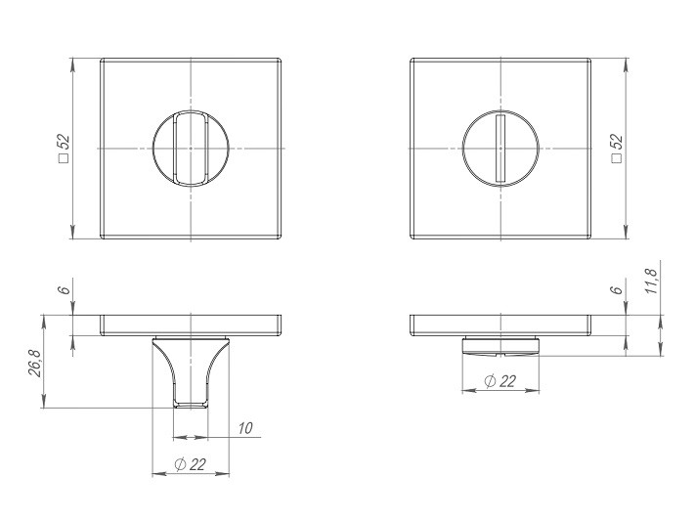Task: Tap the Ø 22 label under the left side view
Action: tap(192, 465)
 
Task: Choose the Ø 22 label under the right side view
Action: tap(499, 381)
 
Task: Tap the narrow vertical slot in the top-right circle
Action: tap(499, 147)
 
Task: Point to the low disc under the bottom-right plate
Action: tap(499, 344)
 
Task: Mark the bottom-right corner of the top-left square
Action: tap(283, 238)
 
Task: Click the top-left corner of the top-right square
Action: tap(410, 58)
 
